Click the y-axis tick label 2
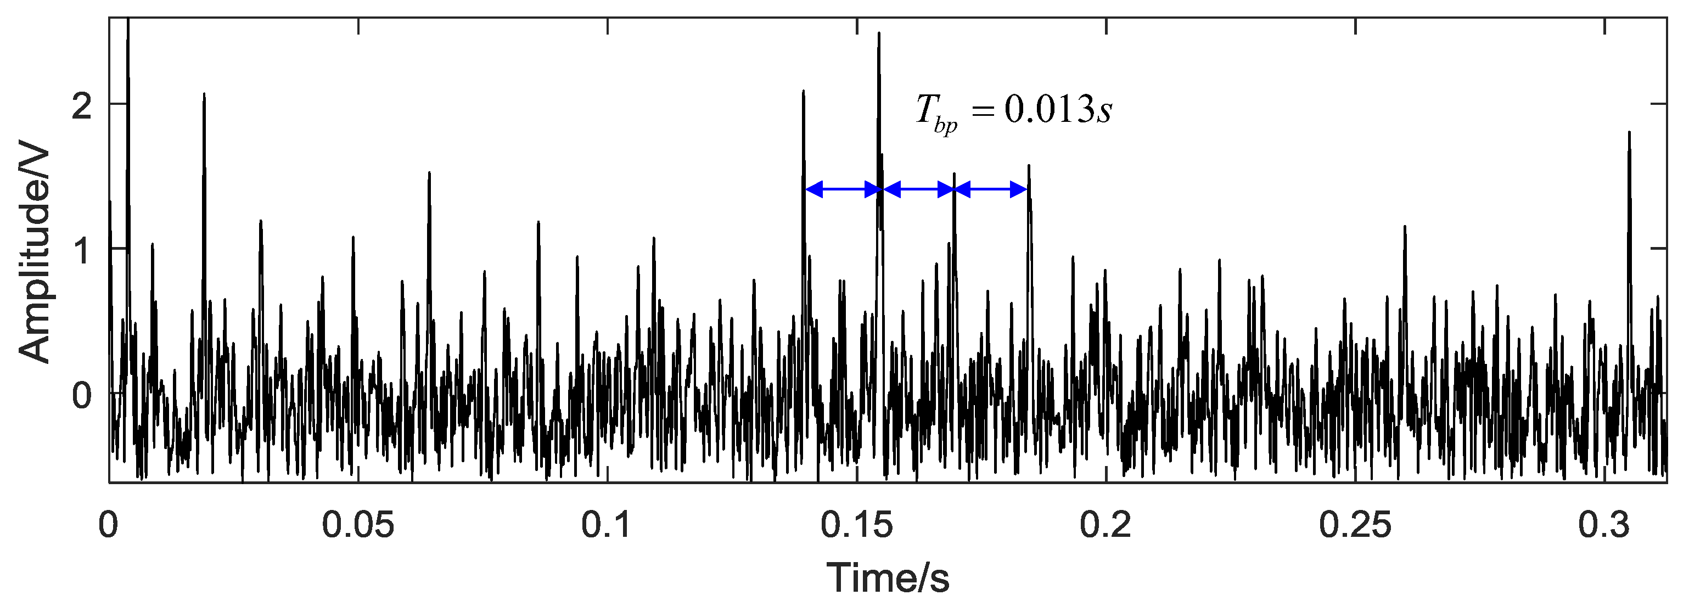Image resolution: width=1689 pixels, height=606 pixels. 81,105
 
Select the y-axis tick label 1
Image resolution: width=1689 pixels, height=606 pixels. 81,250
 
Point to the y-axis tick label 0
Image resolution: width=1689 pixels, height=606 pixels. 81,395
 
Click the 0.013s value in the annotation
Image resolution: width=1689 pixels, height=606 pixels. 1058,110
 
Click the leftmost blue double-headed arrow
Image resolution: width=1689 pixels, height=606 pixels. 843,190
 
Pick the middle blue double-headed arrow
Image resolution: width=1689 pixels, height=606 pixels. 918,190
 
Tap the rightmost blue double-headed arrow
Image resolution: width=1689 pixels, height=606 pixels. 991,190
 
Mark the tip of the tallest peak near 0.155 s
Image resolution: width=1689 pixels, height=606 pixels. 879,33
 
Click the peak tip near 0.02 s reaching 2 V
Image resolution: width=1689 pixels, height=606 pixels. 204,94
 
